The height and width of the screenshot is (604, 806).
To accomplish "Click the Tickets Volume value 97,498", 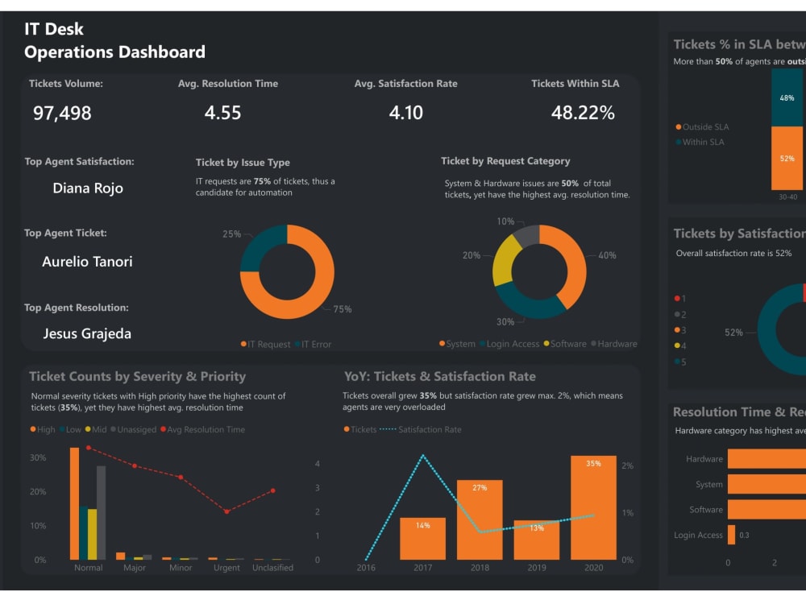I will click(62, 114).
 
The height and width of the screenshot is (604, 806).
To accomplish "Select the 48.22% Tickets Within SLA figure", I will click(583, 114).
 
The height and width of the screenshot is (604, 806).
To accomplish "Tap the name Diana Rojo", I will click(88, 188).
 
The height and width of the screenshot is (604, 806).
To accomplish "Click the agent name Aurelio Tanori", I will click(87, 262).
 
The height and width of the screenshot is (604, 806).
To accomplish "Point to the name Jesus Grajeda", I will click(87, 333).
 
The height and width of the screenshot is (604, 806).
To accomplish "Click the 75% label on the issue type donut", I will click(343, 309).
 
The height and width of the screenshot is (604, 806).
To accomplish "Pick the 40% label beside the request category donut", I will click(607, 255).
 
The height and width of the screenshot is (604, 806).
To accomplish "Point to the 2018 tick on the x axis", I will click(480, 568).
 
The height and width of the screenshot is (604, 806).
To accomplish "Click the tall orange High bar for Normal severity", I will click(74, 503).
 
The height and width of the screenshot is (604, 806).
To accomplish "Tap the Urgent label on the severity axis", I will click(226, 568).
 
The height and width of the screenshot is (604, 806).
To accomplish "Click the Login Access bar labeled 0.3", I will click(731, 535).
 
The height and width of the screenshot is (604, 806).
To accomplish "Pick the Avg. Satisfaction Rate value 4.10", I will click(405, 114).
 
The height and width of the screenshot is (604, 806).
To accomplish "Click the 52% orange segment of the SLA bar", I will click(787, 159).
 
